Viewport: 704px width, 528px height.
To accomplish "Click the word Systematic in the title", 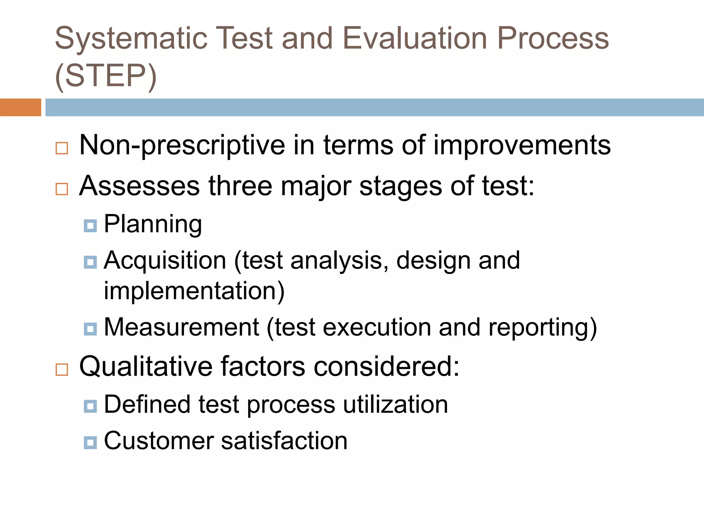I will pos(131,38).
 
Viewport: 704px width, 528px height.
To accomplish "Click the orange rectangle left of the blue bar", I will pos(20,107).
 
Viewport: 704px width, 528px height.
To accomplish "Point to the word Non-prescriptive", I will pos(182,145).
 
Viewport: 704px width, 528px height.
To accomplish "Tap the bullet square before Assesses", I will pos(62,189).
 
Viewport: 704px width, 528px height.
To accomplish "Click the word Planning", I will pos(153,224).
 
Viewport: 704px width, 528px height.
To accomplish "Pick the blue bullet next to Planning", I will pos(90,226).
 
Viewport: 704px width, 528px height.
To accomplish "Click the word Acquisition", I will pos(165,260).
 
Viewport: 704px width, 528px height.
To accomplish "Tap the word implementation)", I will pos(194,291).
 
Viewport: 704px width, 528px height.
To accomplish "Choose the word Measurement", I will pos(181,327).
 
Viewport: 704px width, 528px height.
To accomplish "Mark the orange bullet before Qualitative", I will pos(62,370).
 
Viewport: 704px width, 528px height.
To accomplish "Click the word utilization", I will pos(396,404).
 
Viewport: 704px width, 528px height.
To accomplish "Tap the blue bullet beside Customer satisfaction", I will pos(90,442).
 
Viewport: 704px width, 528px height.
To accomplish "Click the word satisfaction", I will pos(284,441).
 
